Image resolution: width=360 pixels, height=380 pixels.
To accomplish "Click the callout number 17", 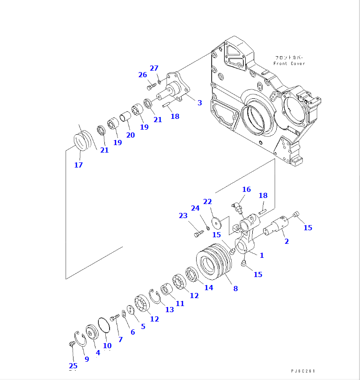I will pos(78,165).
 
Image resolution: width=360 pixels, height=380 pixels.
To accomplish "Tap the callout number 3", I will pos(199,102).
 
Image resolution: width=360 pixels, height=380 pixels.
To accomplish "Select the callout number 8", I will pos(235,289).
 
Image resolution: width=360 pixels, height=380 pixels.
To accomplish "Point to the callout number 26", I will pos(143,74).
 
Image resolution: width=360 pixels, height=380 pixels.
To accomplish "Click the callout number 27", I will pos(154,68).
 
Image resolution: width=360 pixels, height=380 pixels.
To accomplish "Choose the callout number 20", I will pos(130,135).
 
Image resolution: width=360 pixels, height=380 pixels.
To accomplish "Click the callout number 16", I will pos(246,190).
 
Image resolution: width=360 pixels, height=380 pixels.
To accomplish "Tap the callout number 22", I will pos(207,201).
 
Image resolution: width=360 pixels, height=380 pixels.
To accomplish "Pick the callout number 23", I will pos(183,216).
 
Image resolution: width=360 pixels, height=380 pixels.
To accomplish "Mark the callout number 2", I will pos(287,241).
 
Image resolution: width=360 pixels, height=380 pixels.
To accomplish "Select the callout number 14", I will pos(209,287).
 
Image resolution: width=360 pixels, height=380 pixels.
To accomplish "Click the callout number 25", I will pos(73,365).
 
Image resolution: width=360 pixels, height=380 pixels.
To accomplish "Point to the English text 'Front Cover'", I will pos(289,64).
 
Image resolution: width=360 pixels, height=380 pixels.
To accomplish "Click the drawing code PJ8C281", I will pos(304,371).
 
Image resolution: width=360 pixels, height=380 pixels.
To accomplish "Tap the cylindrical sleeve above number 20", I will pos(125,115).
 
